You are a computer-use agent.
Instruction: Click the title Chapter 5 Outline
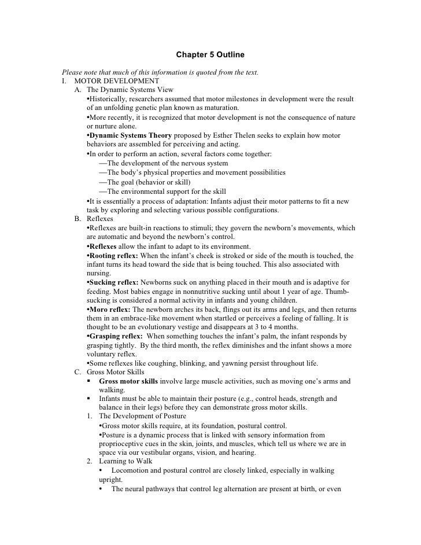(210, 55)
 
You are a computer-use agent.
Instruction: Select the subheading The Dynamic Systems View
(130, 90)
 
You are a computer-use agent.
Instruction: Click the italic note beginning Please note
(160, 72)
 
